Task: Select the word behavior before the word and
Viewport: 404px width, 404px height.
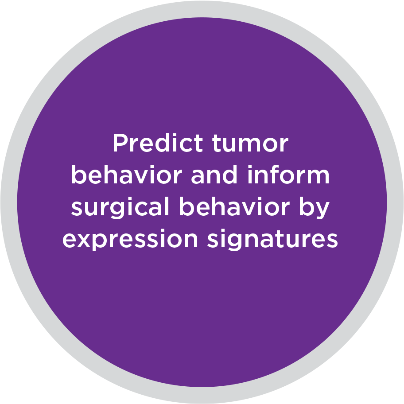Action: [x=127, y=175]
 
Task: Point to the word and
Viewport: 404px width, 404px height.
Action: [x=214, y=175]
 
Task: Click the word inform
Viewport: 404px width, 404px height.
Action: [x=288, y=175]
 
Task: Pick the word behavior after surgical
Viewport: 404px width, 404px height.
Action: [x=234, y=206]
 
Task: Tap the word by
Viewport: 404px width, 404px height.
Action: [x=315, y=208]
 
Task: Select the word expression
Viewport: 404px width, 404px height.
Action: [x=130, y=240]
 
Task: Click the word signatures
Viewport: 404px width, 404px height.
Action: [x=272, y=240]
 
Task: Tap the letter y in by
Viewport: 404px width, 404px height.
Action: [x=322, y=211]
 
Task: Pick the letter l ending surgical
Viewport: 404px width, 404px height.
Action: [x=167, y=206]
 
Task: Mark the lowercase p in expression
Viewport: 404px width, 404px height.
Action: [x=101, y=242]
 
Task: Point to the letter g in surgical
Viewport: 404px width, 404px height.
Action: [x=119, y=210]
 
